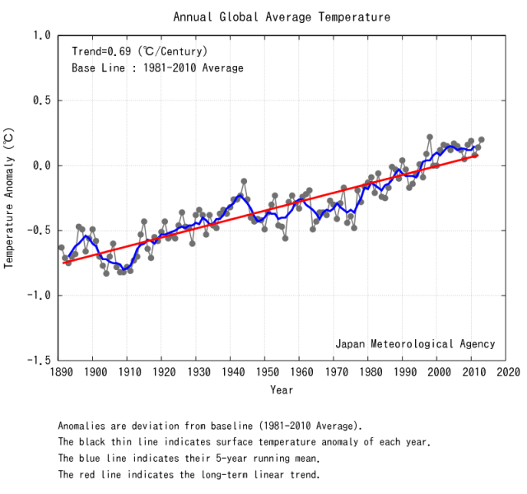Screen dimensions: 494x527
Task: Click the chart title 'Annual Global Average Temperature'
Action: click(x=282, y=16)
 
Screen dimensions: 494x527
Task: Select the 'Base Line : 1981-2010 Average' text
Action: click(x=156, y=68)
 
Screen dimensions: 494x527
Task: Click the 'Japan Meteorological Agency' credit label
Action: click(x=415, y=343)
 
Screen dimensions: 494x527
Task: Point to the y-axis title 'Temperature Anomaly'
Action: click(x=9, y=197)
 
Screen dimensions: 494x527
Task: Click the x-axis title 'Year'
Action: click(x=281, y=389)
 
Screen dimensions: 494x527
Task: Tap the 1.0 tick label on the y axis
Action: click(x=41, y=35)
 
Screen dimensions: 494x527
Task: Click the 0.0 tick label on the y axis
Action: click(x=41, y=165)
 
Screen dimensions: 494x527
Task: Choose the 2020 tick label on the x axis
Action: click(x=506, y=372)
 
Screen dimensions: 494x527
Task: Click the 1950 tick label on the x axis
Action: click(x=264, y=372)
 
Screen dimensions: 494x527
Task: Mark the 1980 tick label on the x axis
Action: click(x=368, y=372)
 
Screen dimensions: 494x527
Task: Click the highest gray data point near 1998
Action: click(x=430, y=137)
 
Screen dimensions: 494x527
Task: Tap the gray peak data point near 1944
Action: click(x=244, y=181)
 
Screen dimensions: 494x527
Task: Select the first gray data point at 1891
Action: click(x=61, y=247)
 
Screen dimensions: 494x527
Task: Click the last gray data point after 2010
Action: click(x=481, y=140)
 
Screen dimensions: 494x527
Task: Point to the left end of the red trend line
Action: click(x=62, y=263)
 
